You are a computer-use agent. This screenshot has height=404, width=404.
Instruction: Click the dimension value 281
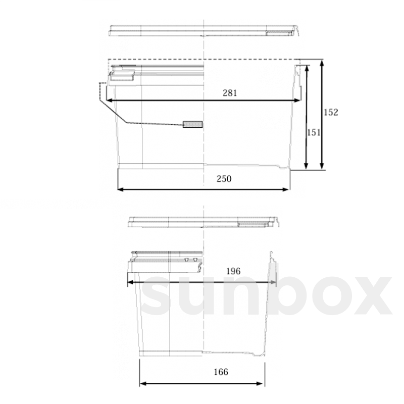coord(230,93)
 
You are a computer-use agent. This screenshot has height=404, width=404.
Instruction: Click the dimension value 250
coord(224,179)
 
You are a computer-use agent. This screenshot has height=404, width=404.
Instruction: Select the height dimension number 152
coord(331,112)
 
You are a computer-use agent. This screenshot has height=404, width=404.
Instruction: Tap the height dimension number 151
coord(313,133)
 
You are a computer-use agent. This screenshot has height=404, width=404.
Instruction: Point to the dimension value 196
coord(233,271)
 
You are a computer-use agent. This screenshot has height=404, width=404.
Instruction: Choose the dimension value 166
coord(221,372)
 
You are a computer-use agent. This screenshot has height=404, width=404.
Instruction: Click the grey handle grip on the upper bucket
coord(193,125)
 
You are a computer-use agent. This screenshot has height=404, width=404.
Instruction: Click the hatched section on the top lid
coord(279,33)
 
